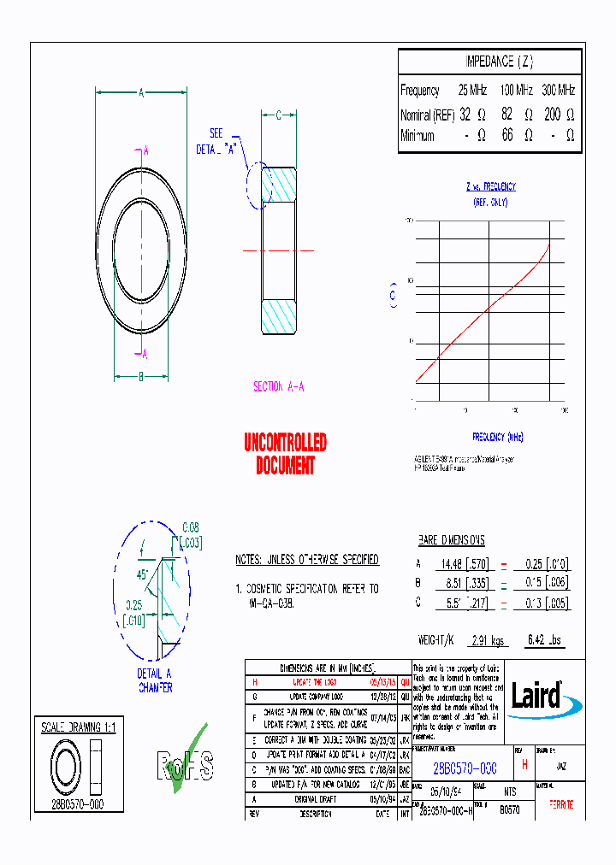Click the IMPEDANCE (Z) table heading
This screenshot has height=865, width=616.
point(499,62)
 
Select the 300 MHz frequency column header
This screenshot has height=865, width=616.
point(559,90)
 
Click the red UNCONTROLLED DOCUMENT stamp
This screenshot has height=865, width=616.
point(285,454)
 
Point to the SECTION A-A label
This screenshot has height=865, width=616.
point(279,386)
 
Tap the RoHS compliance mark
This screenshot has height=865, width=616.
point(182,760)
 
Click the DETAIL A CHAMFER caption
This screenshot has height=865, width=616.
point(155,680)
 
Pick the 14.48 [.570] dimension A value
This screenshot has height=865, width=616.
point(463,564)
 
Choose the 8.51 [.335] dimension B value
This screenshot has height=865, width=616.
point(463,583)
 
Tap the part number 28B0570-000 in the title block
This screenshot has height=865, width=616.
point(464,768)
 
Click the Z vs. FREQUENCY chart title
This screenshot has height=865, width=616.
point(490,186)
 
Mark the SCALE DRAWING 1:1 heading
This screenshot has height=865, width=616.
point(78,727)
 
